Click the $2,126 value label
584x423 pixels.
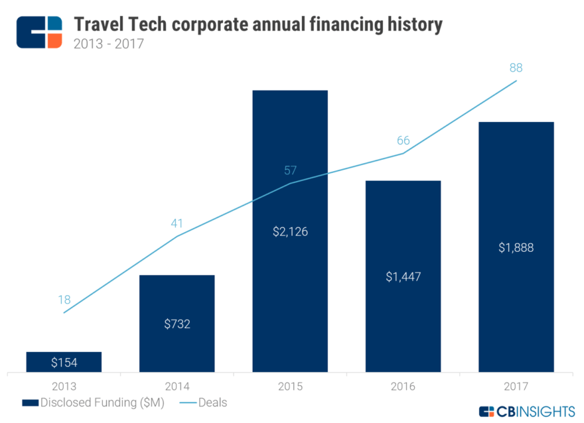pyautogui.click(x=290, y=232)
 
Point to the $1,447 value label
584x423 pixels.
pyautogui.click(x=403, y=276)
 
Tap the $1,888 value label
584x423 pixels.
pyautogui.click(x=516, y=247)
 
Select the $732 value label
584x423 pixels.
pyautogui.click(x=177, y=324)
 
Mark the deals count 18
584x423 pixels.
pyautogui.click(x=64, y=299)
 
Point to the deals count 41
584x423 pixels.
pyautogui.click(x=177, y=223)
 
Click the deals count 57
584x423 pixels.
pyautogui.click(x=290, y=170)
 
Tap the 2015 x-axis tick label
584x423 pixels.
pyautogui.click(x=290, y=385)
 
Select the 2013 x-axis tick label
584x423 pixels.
pyautogui.click(x=64, y=385)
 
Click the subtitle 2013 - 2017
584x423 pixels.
pyautogui.click(x=109, y=44)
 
